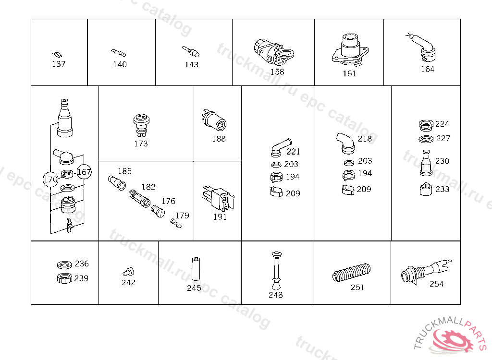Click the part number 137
(x=59, y=64)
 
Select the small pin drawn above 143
(x=190, y=51)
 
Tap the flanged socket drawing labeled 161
(x=350, y=50)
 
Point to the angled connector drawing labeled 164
(x=422, y=47)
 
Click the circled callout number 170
(x=50, y=180)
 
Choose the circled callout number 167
(x=84, y=172)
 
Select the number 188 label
(x=219, y=139)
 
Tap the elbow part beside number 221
(x=281, y=147)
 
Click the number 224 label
(x=442, y=124)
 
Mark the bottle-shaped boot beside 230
(x=426, y=163)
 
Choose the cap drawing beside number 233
(x=426, y=189)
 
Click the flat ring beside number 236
(x=65, y=264)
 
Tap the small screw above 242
(x=128, y=272)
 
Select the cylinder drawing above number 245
(x=196, y=269)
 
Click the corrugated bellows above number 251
(x=351, y=272)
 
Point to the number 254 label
(x=436, y=284)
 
